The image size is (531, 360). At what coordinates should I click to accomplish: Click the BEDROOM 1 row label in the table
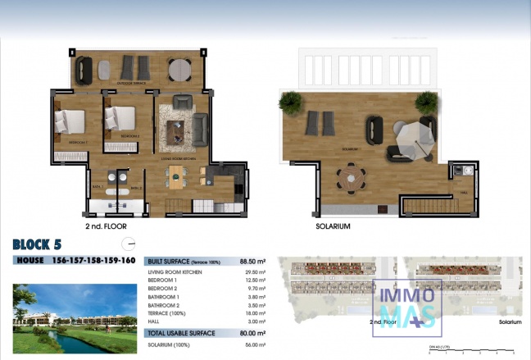pyautogui.click(x=163, y=280)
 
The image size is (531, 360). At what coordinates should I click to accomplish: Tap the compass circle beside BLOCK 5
pyautogui.click(x=126, y=243)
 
